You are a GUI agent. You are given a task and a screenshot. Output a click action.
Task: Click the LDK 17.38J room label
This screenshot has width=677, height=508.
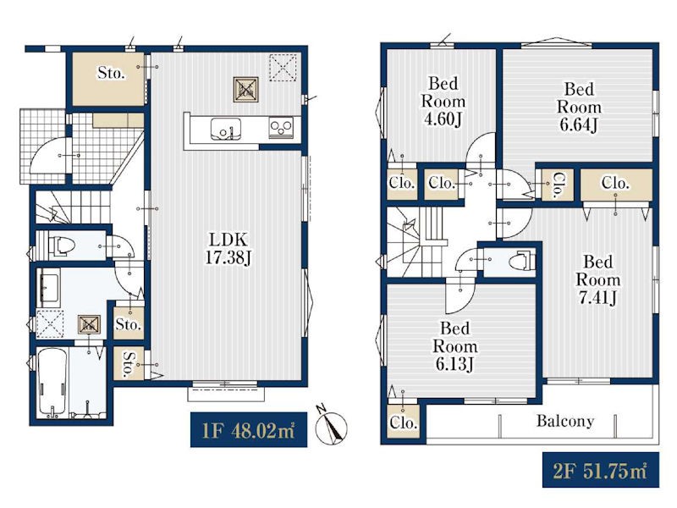click(x=228, y=248)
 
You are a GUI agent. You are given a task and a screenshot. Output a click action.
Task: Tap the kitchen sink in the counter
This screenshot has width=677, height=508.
click(x=225, y=129)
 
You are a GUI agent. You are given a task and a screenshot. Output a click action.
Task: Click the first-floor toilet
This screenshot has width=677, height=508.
click(x=62, y=246)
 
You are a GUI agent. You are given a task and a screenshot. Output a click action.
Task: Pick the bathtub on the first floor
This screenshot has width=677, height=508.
click(x=52, y=382)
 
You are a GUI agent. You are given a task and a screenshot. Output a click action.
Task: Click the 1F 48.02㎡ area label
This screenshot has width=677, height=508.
click(x=249, y=430)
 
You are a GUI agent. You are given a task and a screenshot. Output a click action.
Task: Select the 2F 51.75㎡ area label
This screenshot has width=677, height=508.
click(x=601, y=470)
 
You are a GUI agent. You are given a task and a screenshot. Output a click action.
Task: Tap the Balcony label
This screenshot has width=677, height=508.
click(x=564, y=420)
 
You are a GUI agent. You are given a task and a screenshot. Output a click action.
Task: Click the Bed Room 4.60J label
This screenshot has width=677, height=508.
click(x=443, y=101)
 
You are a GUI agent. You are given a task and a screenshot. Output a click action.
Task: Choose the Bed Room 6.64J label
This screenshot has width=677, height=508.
click(x=579, y=108)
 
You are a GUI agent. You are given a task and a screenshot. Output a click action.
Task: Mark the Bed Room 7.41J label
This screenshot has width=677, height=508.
click(x=597, y=279)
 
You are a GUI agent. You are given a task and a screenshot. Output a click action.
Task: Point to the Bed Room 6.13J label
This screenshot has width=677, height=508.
click(x=455, y=346)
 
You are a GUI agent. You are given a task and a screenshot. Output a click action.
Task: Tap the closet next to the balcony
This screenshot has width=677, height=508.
click(x=403, y=422)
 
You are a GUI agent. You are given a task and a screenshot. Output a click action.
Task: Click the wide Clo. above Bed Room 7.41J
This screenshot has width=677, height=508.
click(x=616, y=185)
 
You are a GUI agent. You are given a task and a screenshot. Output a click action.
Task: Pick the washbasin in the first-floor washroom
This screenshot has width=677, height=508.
click(x=48, y=288)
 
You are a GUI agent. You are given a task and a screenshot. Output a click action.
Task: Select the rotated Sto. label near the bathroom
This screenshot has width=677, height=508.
click(x=129, y=364)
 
